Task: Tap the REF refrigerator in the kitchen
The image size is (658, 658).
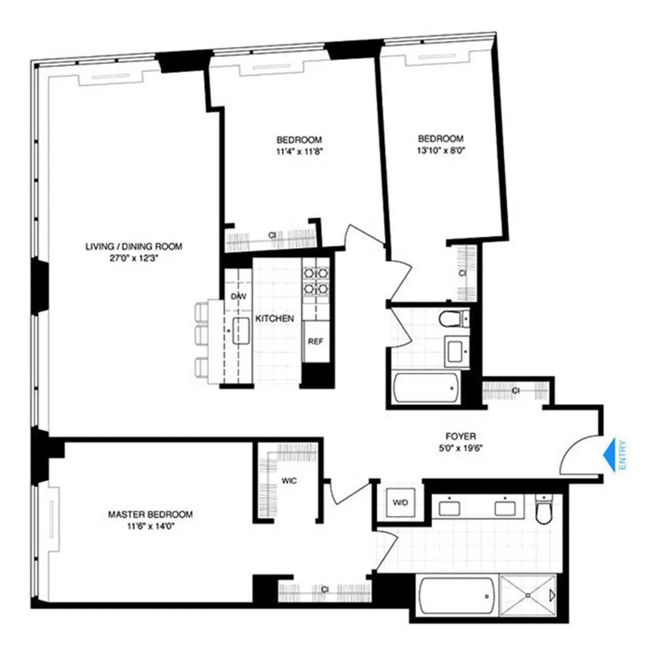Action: point(315,341)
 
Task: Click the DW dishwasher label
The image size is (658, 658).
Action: point(239,296)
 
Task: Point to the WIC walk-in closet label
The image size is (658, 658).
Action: point(289,481)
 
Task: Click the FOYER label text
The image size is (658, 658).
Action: point(460,436)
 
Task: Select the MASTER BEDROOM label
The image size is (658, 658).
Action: point(150,514)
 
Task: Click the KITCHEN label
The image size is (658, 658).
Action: point(275,318)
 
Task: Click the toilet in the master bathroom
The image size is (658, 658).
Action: point(543,512)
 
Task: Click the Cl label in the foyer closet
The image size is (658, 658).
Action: point(515,391)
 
